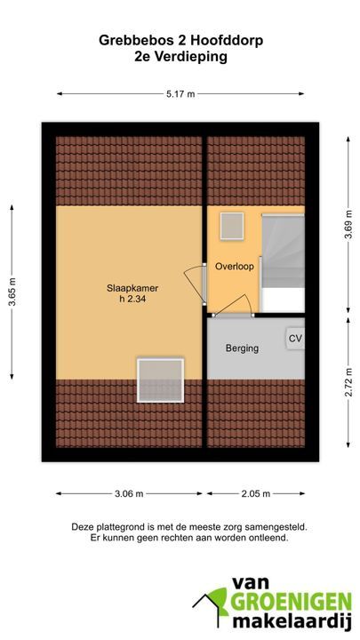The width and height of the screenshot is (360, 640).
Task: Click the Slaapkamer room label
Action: click(132, 288)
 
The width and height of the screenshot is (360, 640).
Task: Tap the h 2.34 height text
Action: click(132, 299)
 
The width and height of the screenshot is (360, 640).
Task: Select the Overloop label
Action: click(235, 267)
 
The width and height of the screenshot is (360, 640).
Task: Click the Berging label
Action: click(242, 348)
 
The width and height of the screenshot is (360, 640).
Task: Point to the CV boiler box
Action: click(295, 339)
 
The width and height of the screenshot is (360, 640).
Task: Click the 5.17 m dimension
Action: click(180, 94)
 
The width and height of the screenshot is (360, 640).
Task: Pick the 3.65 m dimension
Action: click(12, 292)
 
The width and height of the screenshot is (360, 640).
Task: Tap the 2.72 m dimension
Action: click(348, 382)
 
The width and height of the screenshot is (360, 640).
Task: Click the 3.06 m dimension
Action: click(129, 493)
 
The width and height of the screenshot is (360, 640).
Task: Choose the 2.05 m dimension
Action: click(255, 493)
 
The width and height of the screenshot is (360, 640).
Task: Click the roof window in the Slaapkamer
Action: click(160, 380)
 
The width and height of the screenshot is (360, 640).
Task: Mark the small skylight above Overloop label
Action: click(232, 226)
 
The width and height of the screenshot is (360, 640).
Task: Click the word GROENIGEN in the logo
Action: click(291, 602)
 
